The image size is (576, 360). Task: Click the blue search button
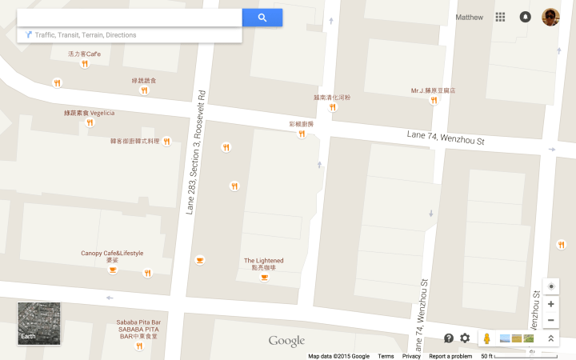(262, 18)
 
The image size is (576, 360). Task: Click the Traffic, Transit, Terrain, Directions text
(86, 35)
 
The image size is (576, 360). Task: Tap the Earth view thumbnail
(39, 323)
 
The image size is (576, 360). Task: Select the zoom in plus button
(550, 304)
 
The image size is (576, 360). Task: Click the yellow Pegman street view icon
(486, 338)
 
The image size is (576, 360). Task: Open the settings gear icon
(465, 338)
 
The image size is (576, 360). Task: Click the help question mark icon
(449, 338)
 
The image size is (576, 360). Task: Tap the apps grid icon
(501, 17)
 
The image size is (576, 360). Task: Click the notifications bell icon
(526, 17)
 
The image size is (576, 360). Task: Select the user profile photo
(550, 17)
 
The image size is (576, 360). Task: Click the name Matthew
(470, 17)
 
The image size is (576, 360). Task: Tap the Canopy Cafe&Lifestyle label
(112, 254)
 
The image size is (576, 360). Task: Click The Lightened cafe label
(263, 261)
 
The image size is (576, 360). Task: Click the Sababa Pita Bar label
(138, 322)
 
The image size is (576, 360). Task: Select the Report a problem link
(450, 356)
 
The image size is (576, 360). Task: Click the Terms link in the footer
(386, 356)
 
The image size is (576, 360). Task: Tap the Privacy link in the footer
(411, 356)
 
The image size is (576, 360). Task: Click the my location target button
(550, 286)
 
